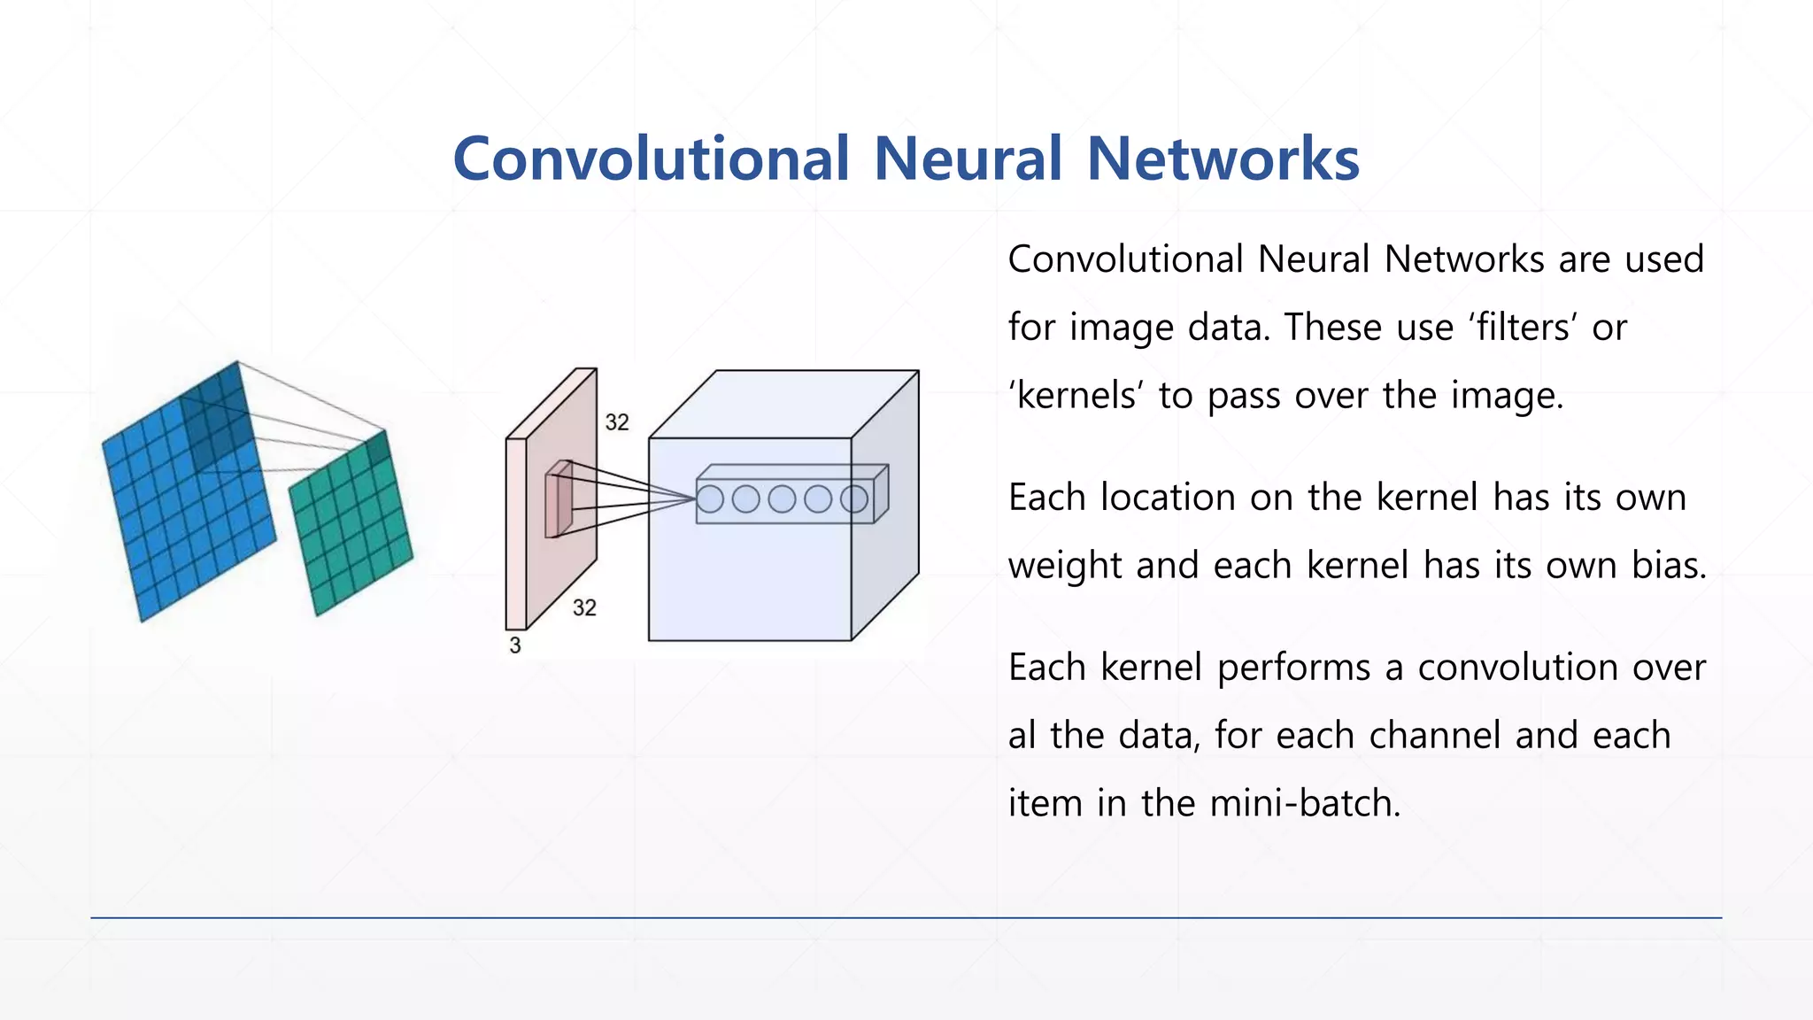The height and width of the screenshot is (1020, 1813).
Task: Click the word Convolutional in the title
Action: pyautogui.click(x=651, y=159)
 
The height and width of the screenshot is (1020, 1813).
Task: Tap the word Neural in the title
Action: pyautogui.click(x=968, y=159)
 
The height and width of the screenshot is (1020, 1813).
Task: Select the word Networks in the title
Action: pyautogui.click(x=1223, y=159)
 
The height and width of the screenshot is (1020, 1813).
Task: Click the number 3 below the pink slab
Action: pyautogui.click(x=515, y=645)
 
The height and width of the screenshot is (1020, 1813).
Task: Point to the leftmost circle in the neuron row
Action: pyautogui.click(x=710, y=499)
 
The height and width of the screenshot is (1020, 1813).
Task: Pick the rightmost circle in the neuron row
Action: pyautogui.click(x=854, y=499)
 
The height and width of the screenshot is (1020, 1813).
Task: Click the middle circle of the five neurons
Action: pyautogui.click(x=782, y=499)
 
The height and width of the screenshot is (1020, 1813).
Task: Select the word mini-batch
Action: pyautogui.click(x=1304, y=804)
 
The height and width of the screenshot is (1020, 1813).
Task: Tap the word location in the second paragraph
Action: pyautogui.click(x=1167, y=498)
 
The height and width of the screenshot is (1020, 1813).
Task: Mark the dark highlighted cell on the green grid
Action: pyautogui.click(x=377, y=448)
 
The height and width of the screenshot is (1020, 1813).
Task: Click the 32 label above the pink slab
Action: pyautogui.click(x=617, y=422)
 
